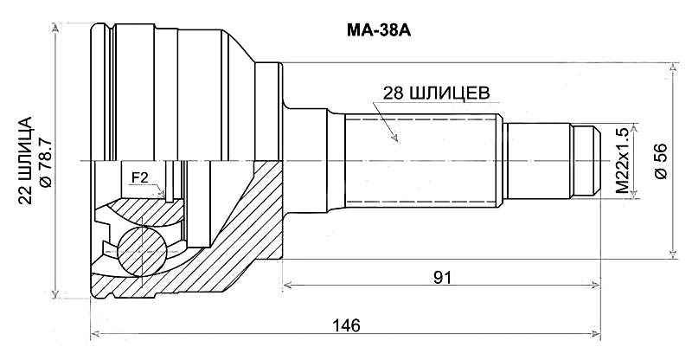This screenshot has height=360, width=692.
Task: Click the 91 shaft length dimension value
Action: [x=443, y=277]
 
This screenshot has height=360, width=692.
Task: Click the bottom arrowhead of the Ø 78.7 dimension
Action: [x=58, y=294]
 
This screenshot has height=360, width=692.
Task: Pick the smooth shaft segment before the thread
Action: [x=536, y=161]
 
